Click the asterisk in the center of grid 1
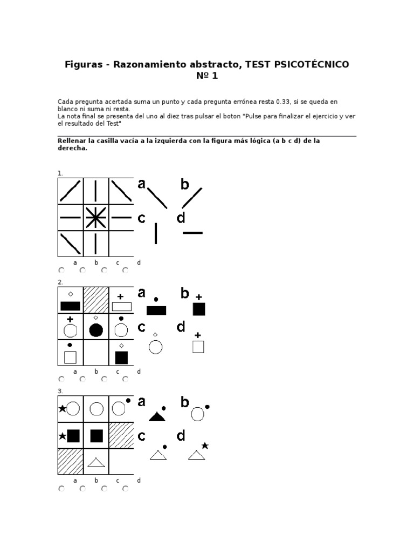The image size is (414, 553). [x=95, y=218]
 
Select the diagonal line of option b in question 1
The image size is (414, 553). [x=192, y=198]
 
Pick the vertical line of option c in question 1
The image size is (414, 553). [x=156, y=233]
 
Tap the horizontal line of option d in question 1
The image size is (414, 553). [x=192, y=233]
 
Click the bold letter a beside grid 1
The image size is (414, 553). [x=142, y=184]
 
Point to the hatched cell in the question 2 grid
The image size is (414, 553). [x=95, y=300]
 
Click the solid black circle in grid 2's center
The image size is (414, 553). [x=96, y=330]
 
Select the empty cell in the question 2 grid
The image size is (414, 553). [x=95, y=353]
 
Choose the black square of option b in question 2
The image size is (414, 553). [x=198, y=309]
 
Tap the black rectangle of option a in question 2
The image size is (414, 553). [x=156, y=310]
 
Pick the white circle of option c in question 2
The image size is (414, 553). [x=156, y=347]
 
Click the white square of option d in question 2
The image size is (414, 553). [x=198, y=347]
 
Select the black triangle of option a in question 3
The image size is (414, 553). [x=156, y=416]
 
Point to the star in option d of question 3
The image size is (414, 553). [x=205, y=446]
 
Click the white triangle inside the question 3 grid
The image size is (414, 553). [x=96, y=462]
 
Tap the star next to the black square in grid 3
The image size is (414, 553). [x=62, y=436]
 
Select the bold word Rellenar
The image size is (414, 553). [x=72, y=141]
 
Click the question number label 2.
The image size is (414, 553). [x=60, y=282]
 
